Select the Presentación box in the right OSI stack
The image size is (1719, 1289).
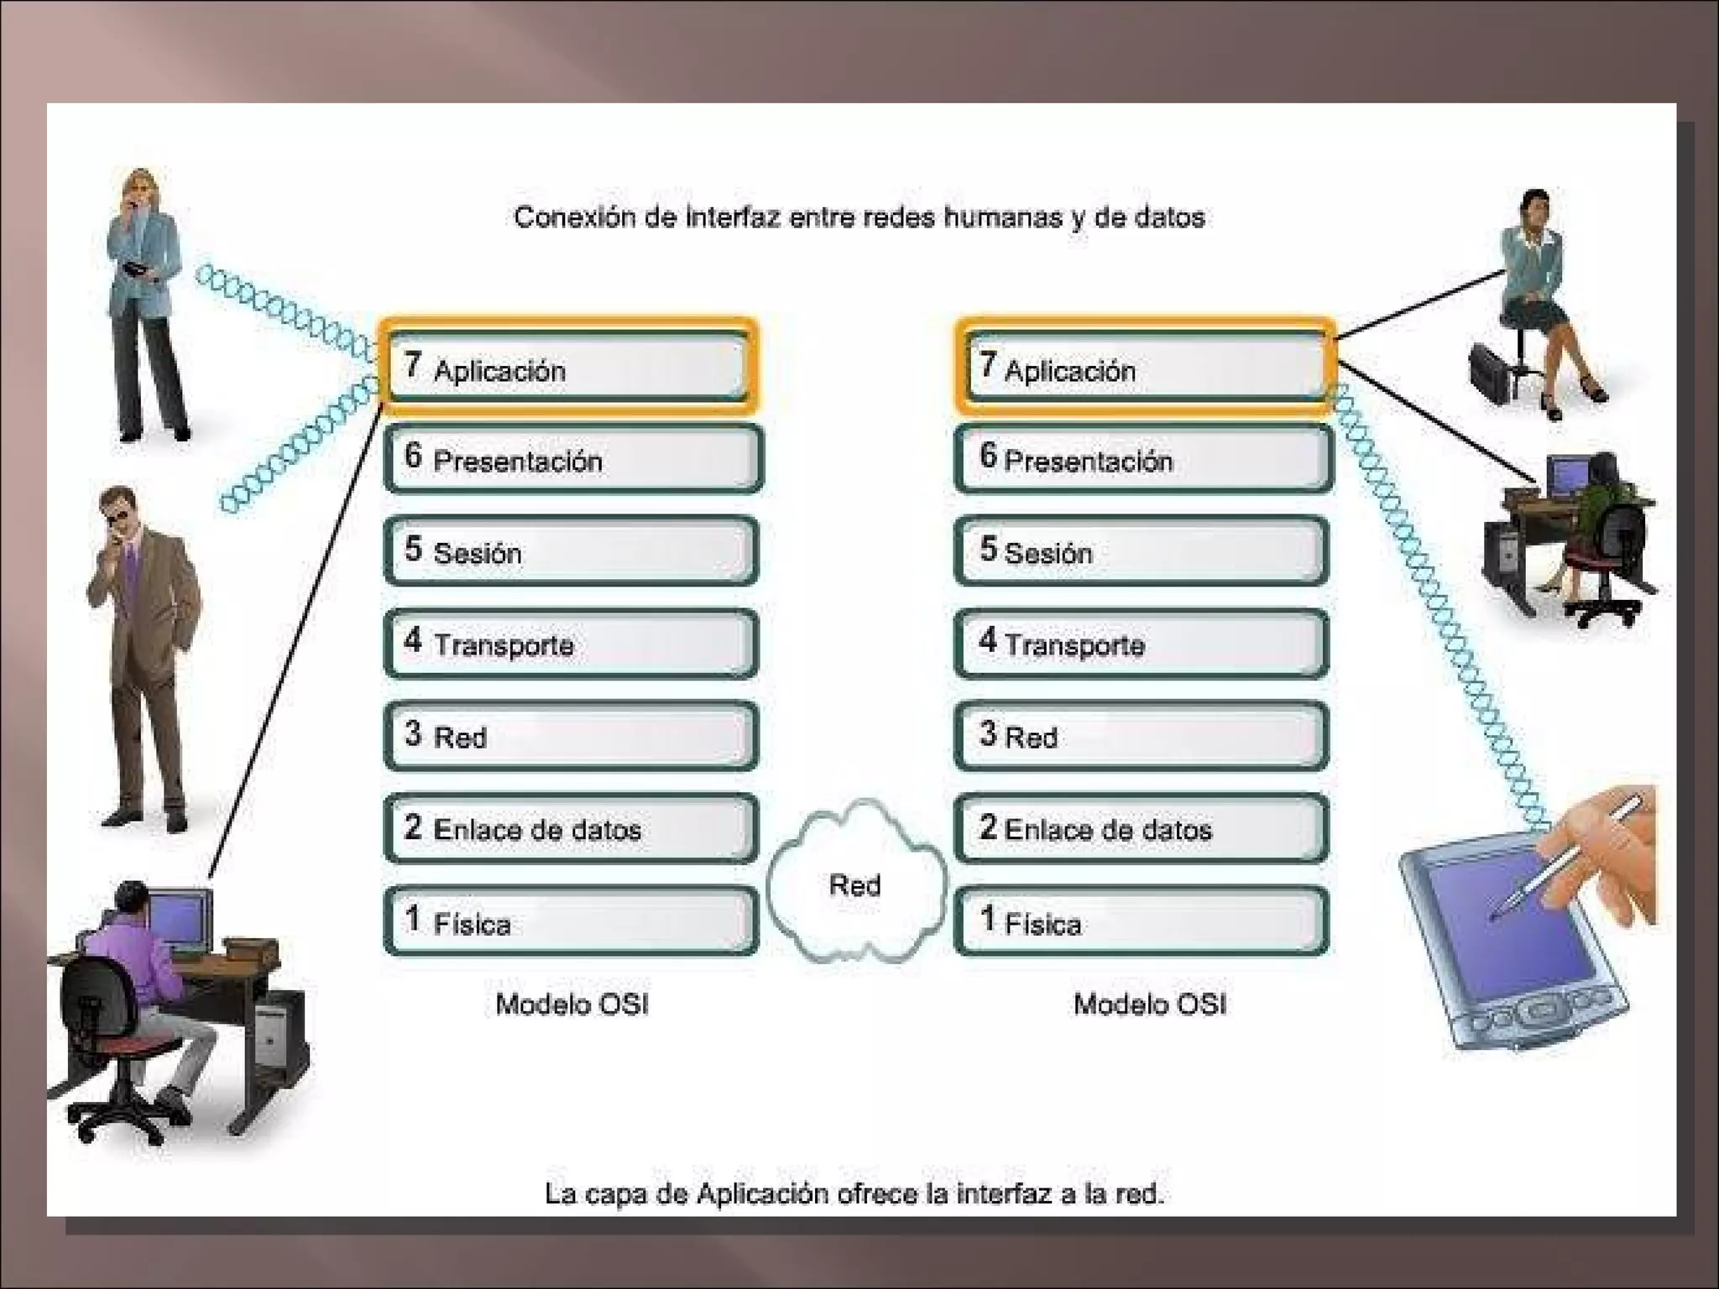(x=1143, y=459)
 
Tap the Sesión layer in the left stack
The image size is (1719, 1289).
(x=571, y=551)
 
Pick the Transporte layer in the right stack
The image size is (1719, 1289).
(x=1142, y=644)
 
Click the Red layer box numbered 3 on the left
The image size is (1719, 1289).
(x=571, y=736)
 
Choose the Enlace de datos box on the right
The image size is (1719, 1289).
(x=1142, y=828)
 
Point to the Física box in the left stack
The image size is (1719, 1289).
(x=571, y=921)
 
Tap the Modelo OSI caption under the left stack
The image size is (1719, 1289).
(x=572, y=1004)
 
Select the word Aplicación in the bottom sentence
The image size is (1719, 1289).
(x=762, y=1192)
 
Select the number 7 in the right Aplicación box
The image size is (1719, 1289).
(x=988, y=363)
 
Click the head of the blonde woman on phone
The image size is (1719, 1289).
(x=139, y=190)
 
